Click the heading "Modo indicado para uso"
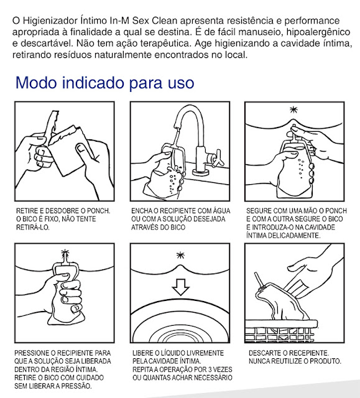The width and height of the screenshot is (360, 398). click(x=105, y=83)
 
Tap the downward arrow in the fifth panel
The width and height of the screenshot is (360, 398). click(x=181, y=287)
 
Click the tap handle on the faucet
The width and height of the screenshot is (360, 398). click(x=216, y=158)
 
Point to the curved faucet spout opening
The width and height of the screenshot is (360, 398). click(x=177, y=126)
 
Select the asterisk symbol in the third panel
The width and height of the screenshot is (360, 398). click(x=294, y=109)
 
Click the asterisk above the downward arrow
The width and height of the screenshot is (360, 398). click(x=181, y=255)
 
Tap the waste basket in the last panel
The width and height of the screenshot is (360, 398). click(x=282, y=331)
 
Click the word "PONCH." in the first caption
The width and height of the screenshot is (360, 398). click(x=99, y=211)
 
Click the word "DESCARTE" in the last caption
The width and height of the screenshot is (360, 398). click(x=264, y=353)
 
